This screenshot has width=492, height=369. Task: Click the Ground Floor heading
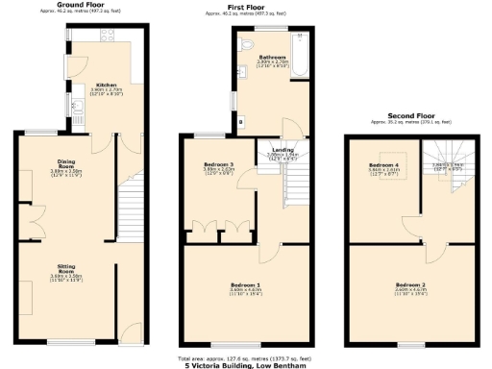click(x=81, y=5)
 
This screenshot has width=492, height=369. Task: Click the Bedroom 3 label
click(x=218, y=164)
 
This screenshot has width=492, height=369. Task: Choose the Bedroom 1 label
click(x=245, y=285)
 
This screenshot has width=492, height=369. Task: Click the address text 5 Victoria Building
click(x=245, y=365)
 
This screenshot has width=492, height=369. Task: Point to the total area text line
click(x=245, y=357)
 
